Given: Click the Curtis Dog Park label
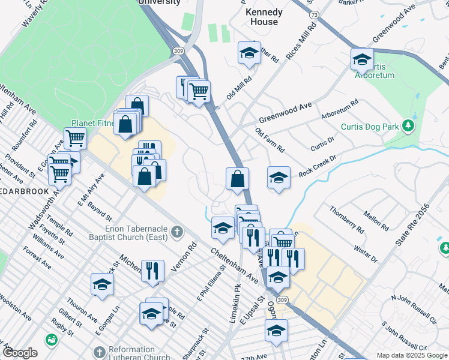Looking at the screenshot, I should click(370, 127).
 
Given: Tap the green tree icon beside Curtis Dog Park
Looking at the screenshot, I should click(409, 126).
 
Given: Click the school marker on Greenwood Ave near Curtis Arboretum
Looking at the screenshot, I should click(362, 59).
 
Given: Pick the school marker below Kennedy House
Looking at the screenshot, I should click(249, 53).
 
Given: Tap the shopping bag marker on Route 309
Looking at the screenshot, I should click(238, 179).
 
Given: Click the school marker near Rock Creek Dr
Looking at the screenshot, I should click(279, 178).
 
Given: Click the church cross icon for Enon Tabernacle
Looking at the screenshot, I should click(177, 232).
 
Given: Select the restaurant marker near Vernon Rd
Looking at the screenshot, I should click(152, 271).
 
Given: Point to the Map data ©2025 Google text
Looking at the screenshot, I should click(411, 355).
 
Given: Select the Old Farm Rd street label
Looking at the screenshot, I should click(270, 140).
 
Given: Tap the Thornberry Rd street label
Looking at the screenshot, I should click(347, 220).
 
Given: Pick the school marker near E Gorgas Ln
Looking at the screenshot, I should click(102, 284).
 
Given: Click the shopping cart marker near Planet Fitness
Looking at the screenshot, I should click(76, 139).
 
